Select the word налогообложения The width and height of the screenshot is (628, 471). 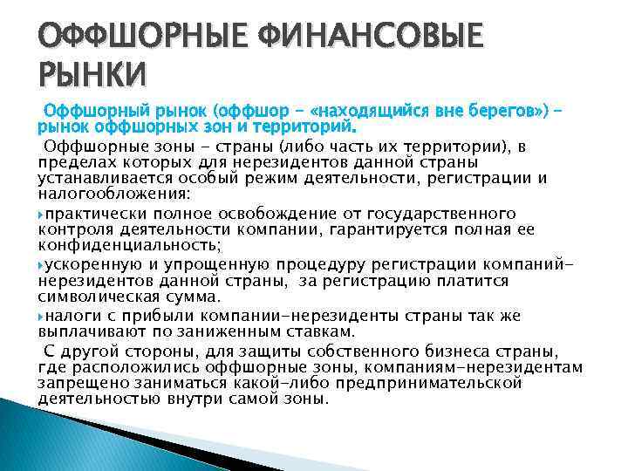coord(97,196)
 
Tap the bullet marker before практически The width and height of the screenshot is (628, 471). coord(42,214)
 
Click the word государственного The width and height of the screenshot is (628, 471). coord(445,214)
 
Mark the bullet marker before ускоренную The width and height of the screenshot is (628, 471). coord(42,264)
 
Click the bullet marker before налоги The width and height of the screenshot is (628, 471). coord(42,314)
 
